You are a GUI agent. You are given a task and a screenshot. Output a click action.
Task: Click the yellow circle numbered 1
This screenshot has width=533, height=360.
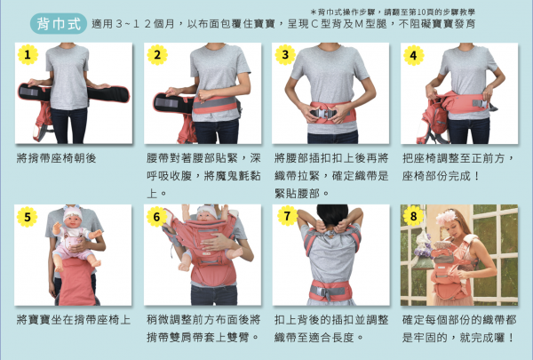[x=28, y=55]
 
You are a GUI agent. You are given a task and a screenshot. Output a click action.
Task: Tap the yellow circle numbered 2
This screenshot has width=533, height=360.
[x=157, y=55]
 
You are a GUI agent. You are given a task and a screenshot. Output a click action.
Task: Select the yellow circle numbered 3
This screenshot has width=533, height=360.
[x=284, y=55]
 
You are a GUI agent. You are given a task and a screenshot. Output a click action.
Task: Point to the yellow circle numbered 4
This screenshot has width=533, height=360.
[x=412, y=55]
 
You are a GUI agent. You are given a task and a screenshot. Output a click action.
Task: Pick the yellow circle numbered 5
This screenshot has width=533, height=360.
[x=28, y=216]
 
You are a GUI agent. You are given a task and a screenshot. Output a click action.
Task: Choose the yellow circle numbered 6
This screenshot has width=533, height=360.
[x=157, y=216]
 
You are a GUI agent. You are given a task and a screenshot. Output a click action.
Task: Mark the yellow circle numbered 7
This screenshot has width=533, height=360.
[x=284, y=216]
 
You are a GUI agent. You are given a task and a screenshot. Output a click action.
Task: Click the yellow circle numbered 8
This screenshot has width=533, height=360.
[x=412, y=216]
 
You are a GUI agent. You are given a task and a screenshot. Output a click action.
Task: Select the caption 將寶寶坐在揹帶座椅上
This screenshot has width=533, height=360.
[x=73, y=319]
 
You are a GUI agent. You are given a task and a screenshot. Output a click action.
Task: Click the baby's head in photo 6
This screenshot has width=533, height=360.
[x=203, y=214]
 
